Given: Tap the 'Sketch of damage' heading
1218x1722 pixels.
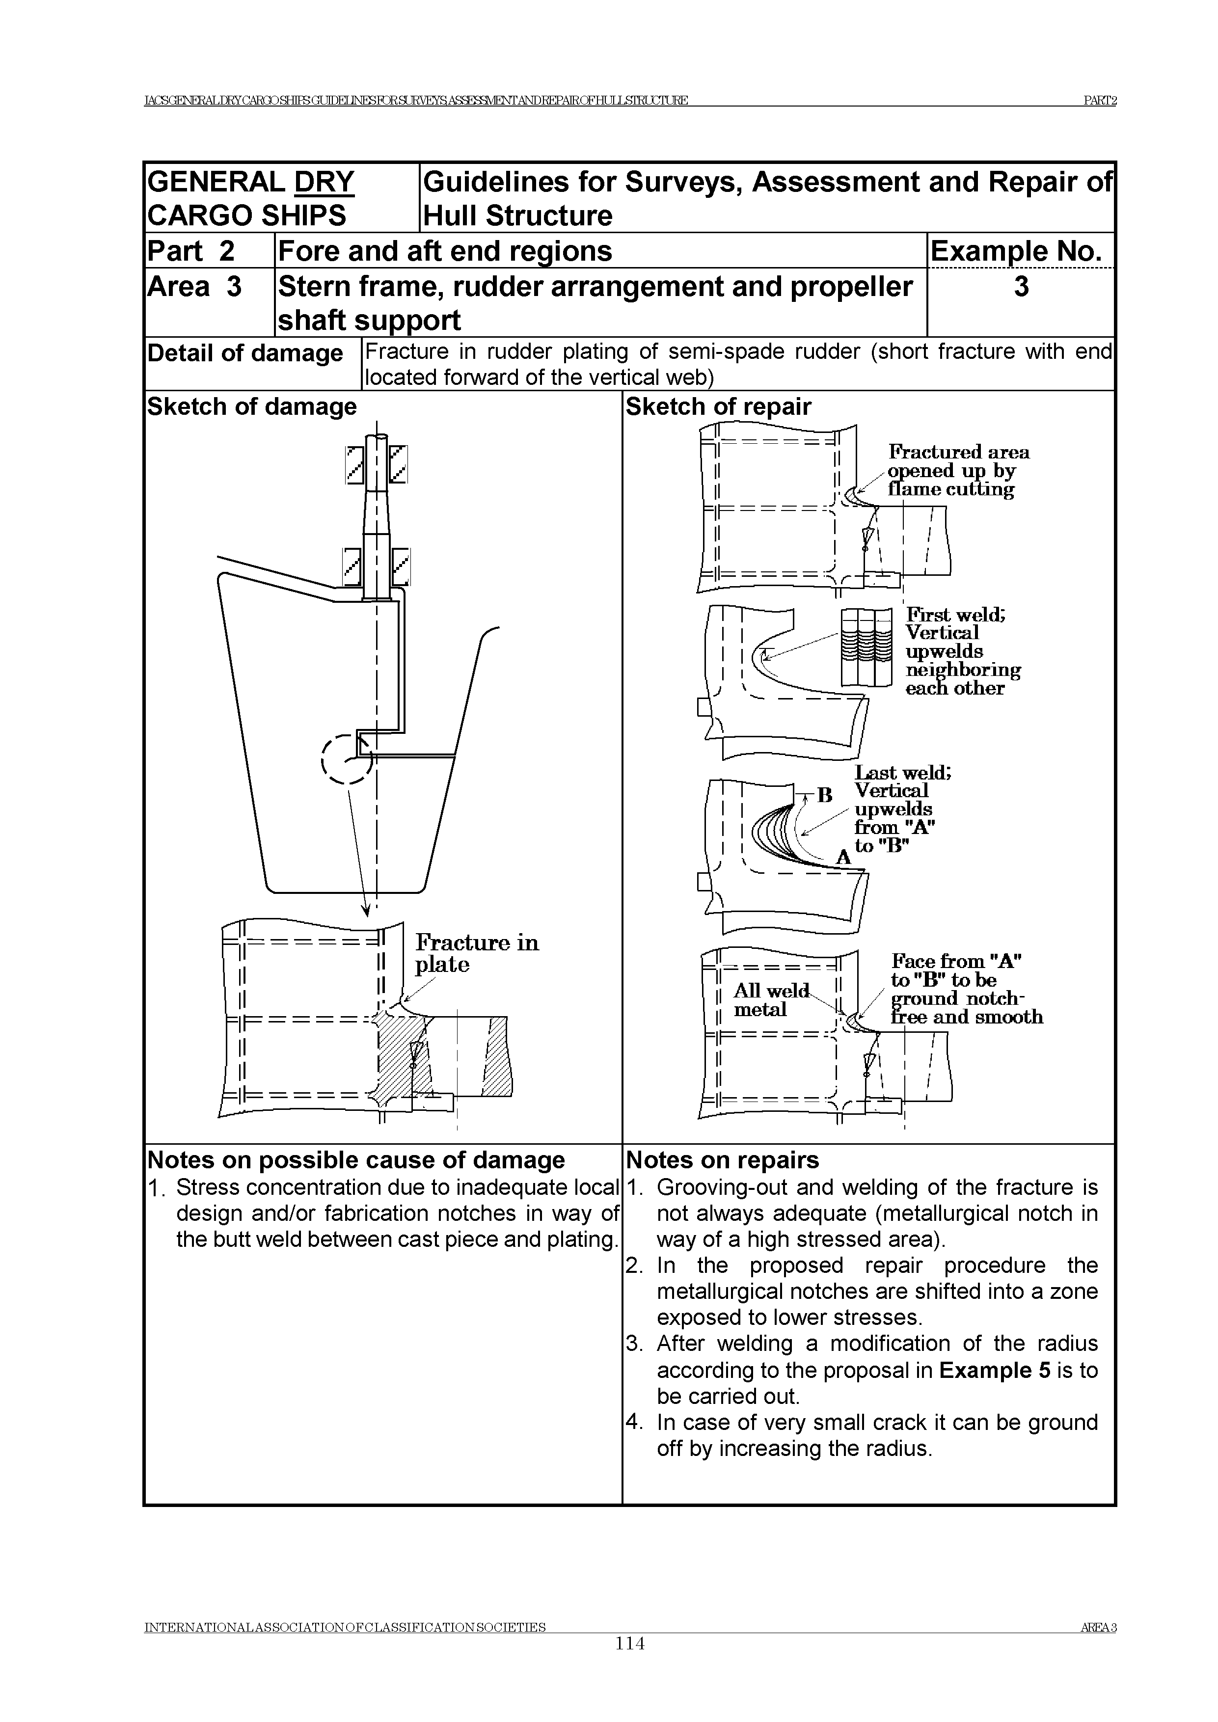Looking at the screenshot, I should pyautogui.click(x=252, y=406).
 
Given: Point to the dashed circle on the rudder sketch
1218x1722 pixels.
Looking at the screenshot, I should pyautogui.click(x=347, y=759).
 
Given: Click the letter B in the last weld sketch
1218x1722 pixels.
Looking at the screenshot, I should pyautogui.click(x=825, y=795).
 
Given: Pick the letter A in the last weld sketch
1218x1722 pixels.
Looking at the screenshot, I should pyautogui.click(x=843, y=857).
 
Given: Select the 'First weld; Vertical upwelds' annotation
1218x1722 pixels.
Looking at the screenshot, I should pyautogui.click(x=962, y=651).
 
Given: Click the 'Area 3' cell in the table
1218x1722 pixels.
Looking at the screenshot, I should pyautogui.click(x=195, y=287).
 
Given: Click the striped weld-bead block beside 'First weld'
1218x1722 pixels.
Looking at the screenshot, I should pyautogui.click(x=866, y=646).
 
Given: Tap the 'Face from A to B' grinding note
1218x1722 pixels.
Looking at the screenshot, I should pyautogui.click(x=966, y=989).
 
